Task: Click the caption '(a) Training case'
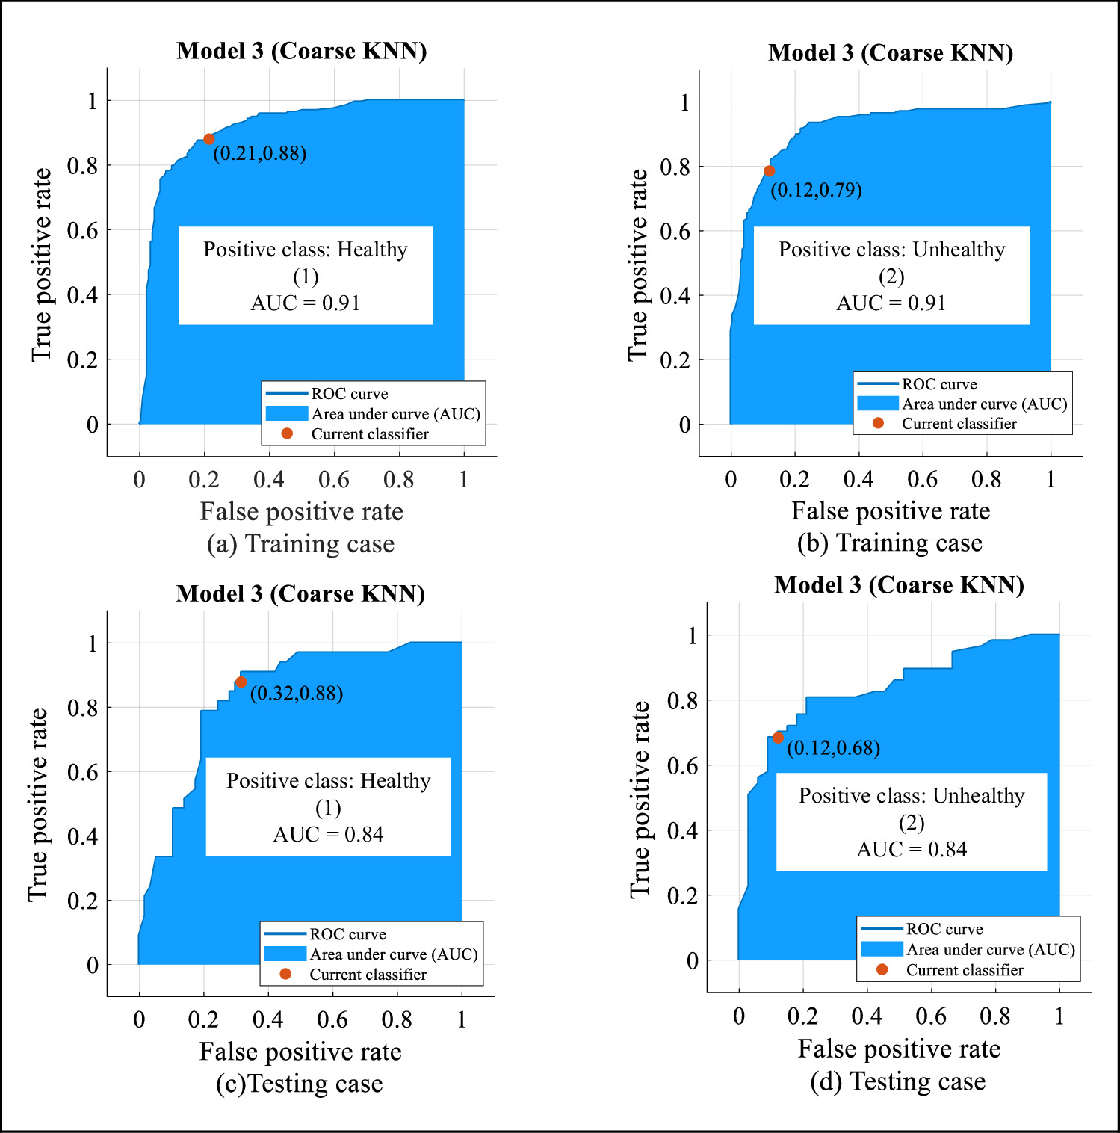click(x=300, y=543)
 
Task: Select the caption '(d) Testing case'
click(x=898, y=1081)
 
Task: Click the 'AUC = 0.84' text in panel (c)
click(x=328, y=834)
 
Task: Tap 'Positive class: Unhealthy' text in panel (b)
click(x=891, y=250)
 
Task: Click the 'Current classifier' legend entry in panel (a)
click(x=369, y=434)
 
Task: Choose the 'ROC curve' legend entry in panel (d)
click(x=944, y=929)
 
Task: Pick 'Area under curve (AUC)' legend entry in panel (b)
click(x=984, y=404)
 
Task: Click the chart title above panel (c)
click(x=300, y=593)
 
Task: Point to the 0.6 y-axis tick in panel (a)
click(x=83, y=230)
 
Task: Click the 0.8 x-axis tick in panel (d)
click(x=995, y=1016)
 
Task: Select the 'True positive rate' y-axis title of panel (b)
click(x=638, y=265)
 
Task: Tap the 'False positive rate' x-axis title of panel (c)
click(x=300, y=1052)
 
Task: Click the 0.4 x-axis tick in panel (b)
click(x=858, y=479)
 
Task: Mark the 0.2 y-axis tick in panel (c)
click(x=83, y=901)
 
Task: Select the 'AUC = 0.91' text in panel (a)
click(x=305, y=303)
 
